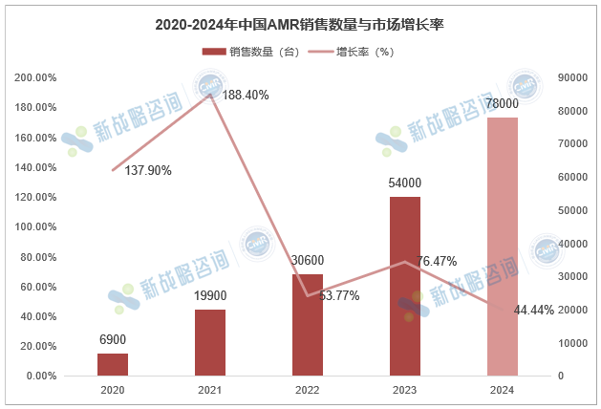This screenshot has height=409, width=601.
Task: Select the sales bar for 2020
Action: point(113,364)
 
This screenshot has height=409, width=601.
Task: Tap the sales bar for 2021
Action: point(210,342)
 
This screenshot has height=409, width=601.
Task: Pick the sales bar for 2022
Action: point(308,325)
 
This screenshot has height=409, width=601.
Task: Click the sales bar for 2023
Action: point(405,287)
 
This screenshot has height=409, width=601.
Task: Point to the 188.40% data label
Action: point(246,95)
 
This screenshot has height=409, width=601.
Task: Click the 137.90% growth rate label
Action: point(148,170)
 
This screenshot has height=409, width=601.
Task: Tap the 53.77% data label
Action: point(339,296)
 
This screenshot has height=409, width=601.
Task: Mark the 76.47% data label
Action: point(437,261)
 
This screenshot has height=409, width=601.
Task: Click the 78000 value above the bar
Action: point(503,103)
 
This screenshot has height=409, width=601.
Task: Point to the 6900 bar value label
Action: point(113,339)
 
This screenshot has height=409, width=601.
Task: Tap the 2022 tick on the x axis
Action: point(308,390)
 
